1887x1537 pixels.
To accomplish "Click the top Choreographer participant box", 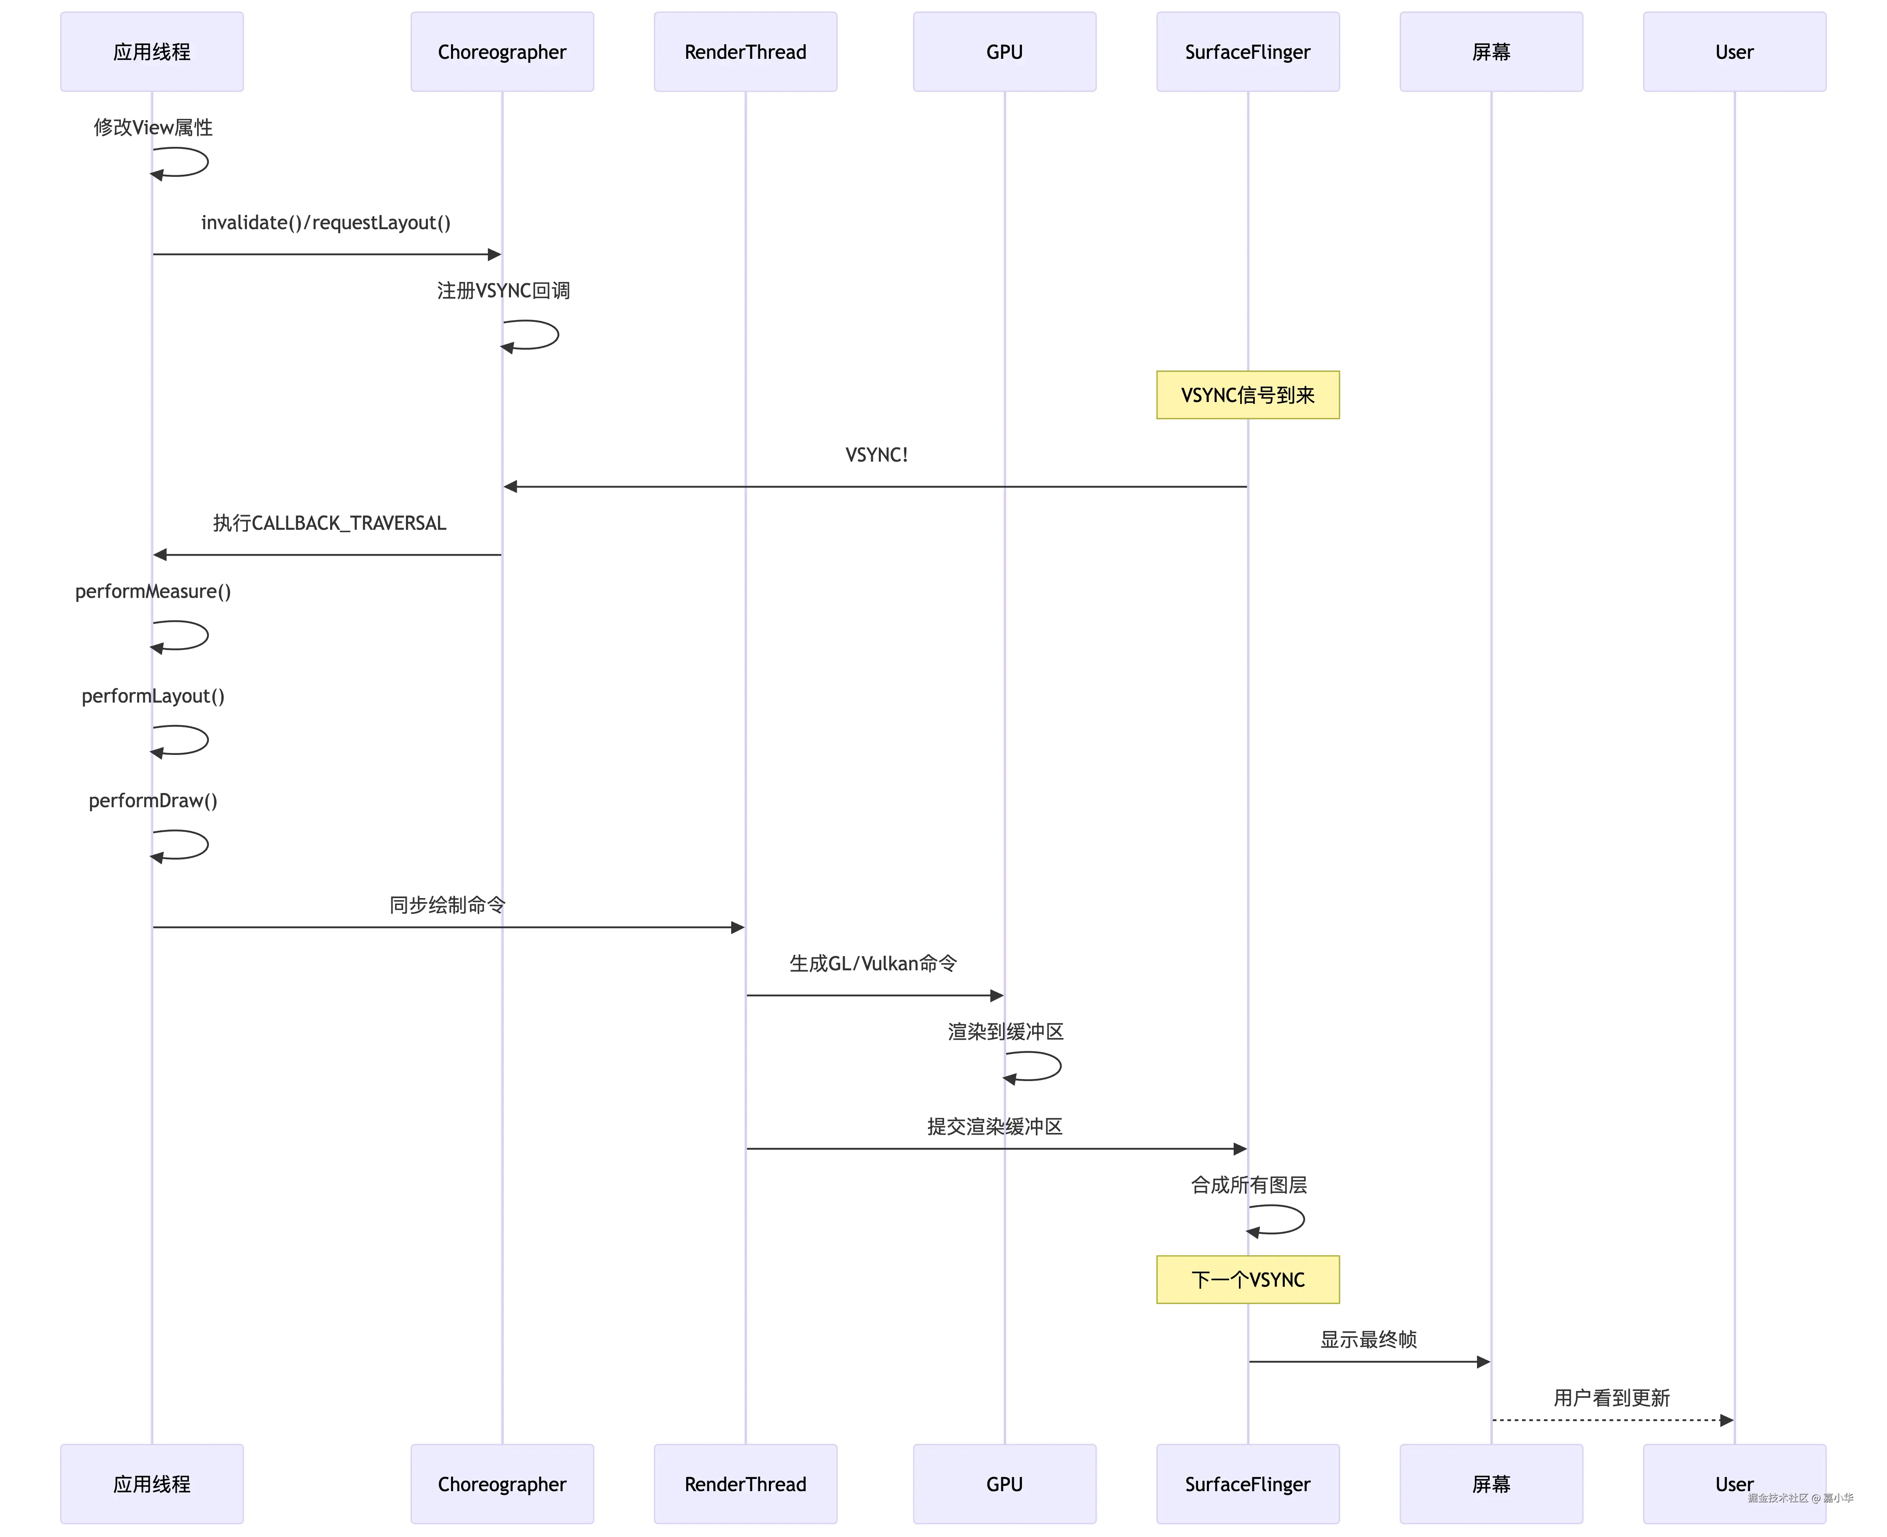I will click(x=502, y=52).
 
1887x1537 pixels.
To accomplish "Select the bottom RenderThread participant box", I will click(x=745, y=1484).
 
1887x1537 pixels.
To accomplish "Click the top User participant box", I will click(x=1734, y=52).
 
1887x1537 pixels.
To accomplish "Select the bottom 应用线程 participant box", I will click(x=151, y=1484).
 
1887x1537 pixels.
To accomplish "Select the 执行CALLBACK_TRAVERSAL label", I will click(x=329, y=523).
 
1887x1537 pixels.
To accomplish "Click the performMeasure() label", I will click(x=153, y=591).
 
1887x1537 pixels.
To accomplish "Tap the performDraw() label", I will click(x=153, y=800).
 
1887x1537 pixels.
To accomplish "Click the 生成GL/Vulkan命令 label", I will click(x=873, y=963).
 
